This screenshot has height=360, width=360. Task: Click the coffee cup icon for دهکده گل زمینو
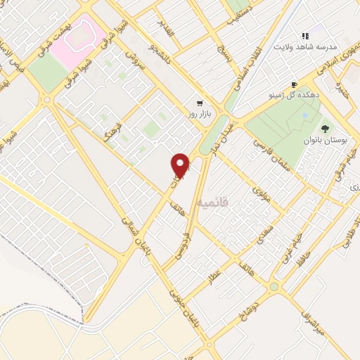(295, 82)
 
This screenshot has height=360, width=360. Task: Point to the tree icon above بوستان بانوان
(325, 128)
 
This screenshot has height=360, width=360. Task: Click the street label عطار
(213, 275)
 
